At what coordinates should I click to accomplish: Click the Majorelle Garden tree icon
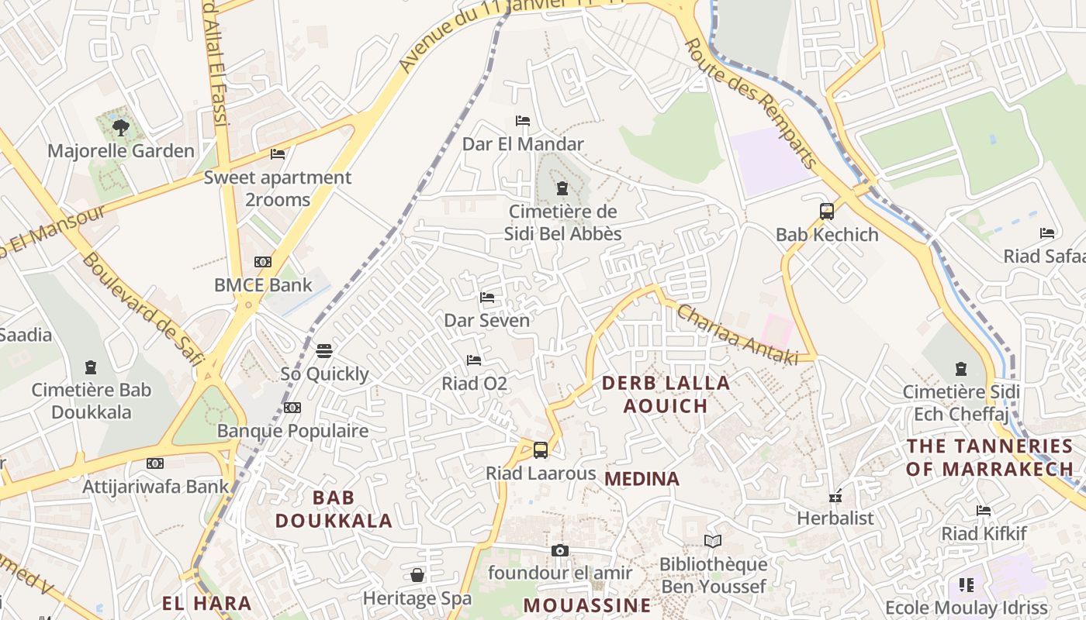click(120, 127)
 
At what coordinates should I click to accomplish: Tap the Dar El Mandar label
click(523, 144)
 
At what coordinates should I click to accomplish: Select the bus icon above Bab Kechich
click(827, 211)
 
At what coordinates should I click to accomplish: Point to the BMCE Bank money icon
click(263, 262)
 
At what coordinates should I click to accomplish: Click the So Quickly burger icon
click(324, 351)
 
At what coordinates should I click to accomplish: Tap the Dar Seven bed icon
click(487, 298)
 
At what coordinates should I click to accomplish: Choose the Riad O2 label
click(474, 384)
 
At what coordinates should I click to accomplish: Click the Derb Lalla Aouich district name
click(666, 394)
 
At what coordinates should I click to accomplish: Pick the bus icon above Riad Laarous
click(541, 449)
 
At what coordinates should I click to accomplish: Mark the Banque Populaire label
click(292, 431)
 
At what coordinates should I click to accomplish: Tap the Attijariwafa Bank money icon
click(155, 463)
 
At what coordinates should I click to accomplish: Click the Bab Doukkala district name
click(334, 509)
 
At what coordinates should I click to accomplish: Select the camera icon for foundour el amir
click(560, 551)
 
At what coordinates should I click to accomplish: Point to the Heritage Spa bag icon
click(417, 575)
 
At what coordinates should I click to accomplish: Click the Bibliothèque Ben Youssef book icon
click(713, 542)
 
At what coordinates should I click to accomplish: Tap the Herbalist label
click(835, 518)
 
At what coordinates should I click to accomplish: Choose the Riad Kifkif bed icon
click(984, 511)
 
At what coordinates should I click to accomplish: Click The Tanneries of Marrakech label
click(989, 457)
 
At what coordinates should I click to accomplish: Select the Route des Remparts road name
click(751, 104)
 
